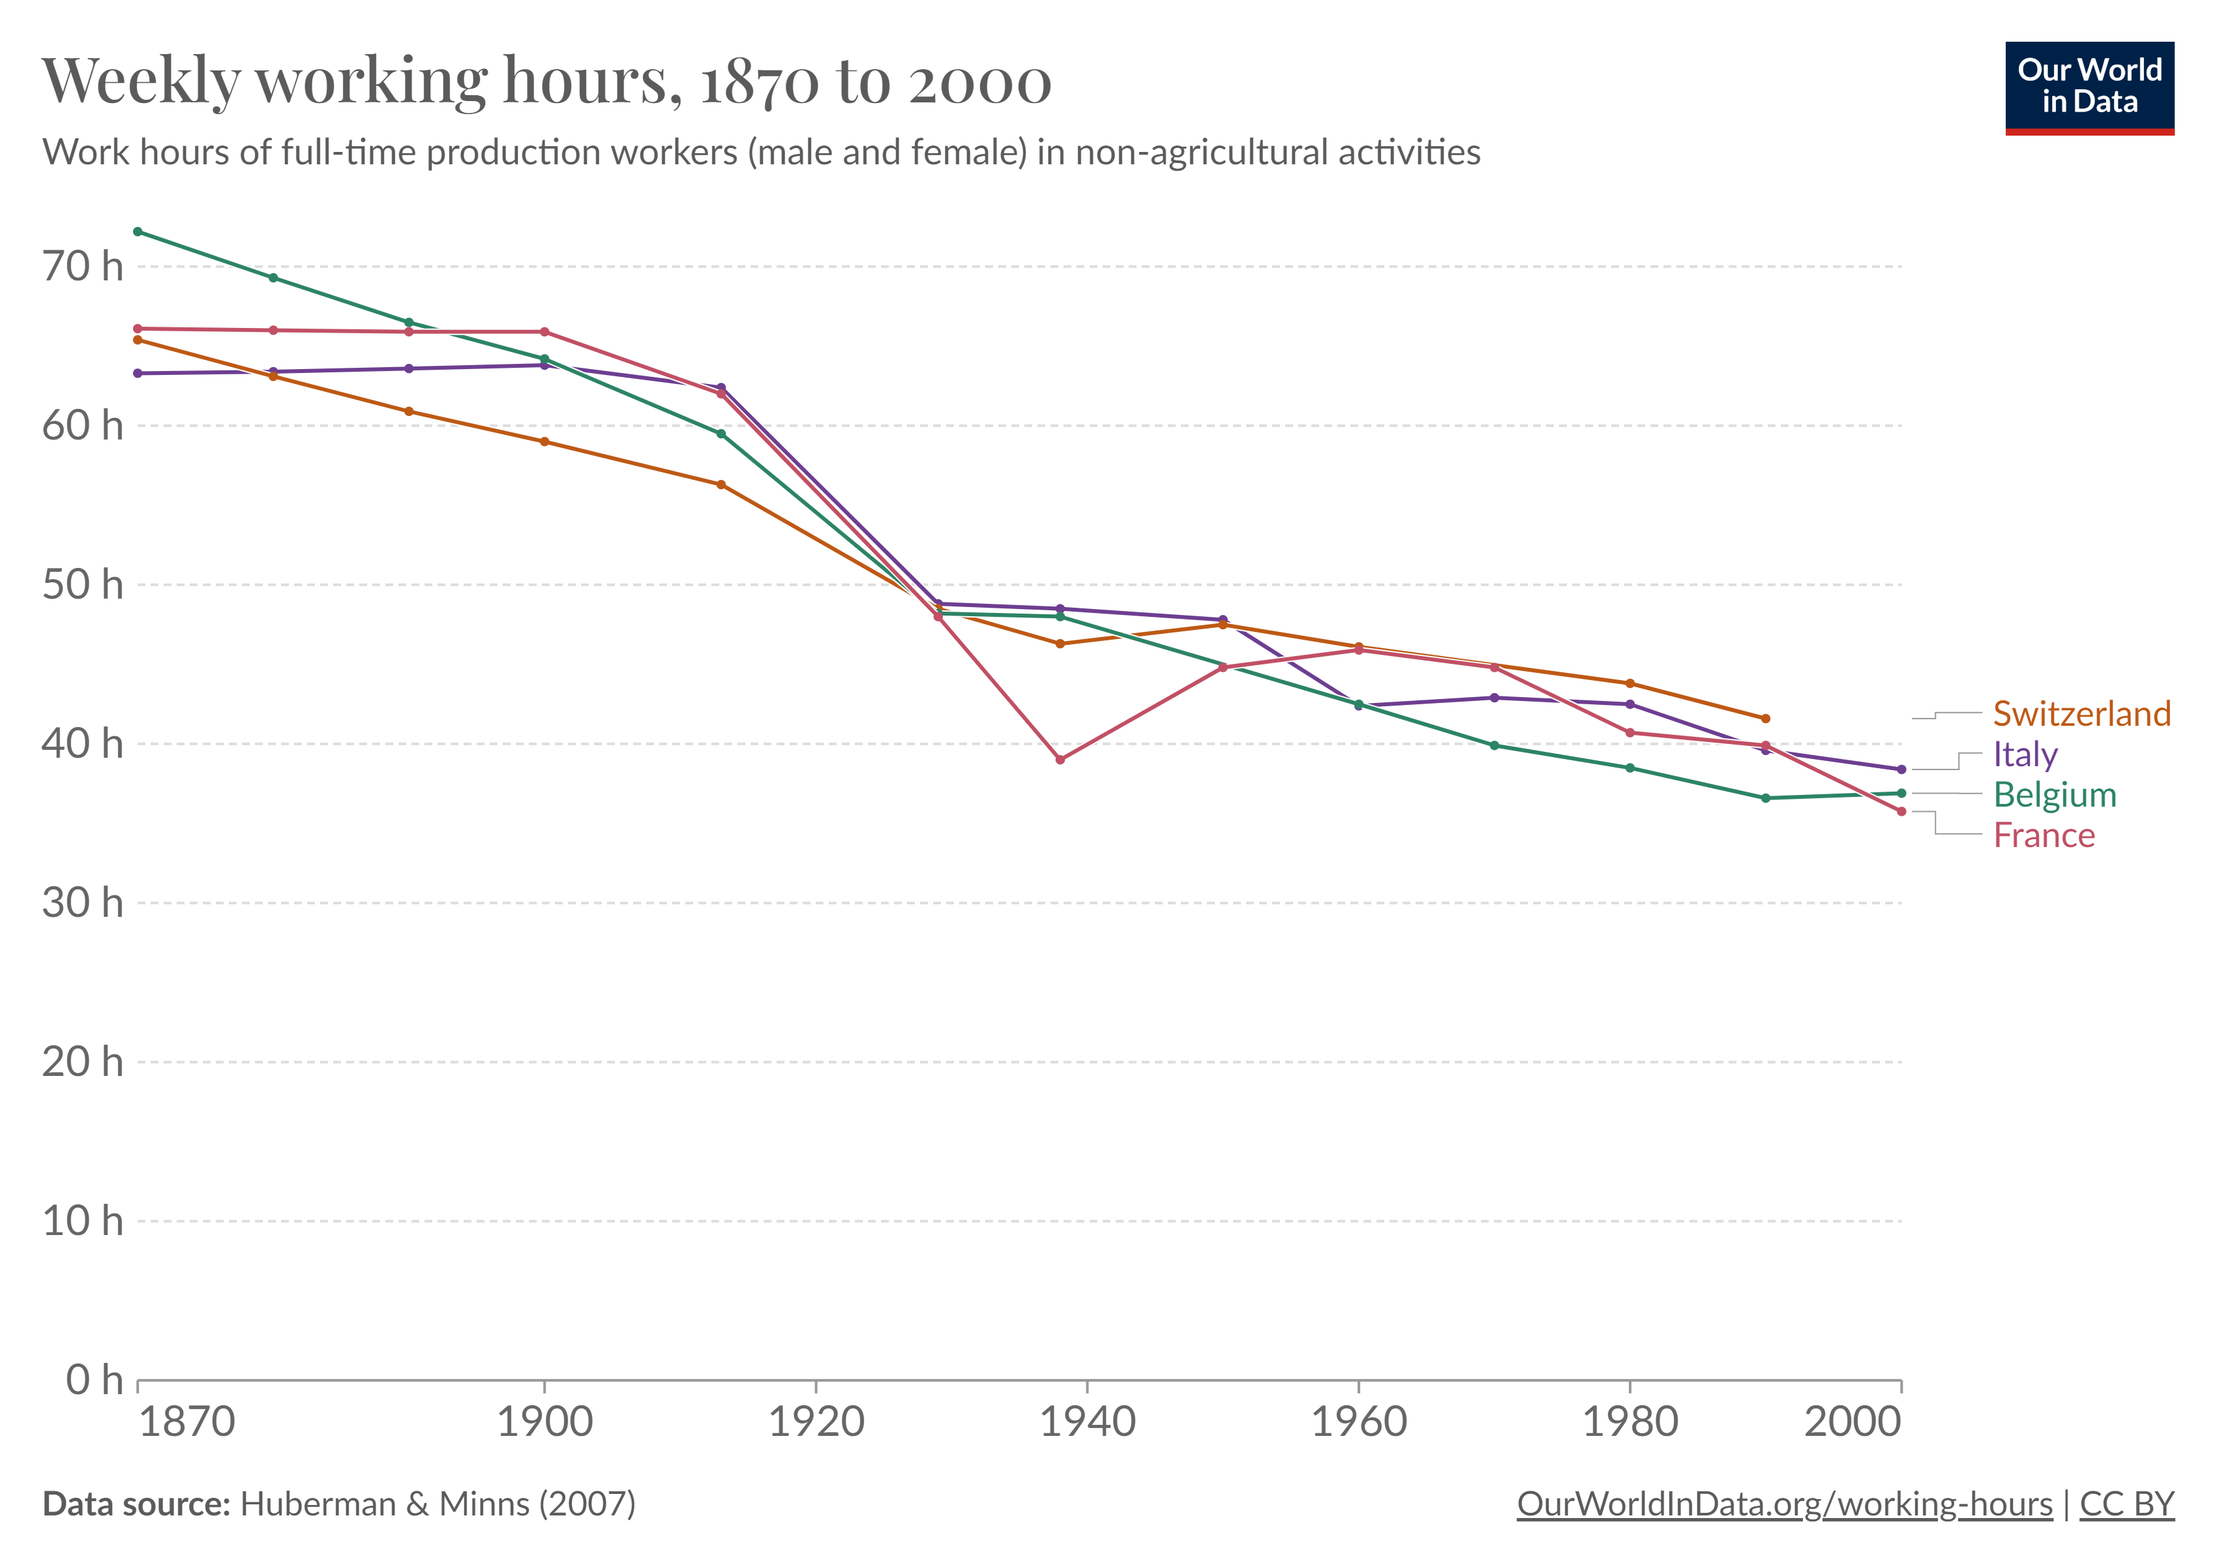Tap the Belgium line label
coord(2055,795)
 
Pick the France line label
coord(2044,835)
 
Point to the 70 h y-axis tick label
coord(83,267)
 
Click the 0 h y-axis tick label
coord(95,1380)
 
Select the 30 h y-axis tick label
coord(83,904)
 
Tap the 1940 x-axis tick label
coord(1087,1422)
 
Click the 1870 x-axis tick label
coord(187,1422)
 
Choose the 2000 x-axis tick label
coord(1852,1422)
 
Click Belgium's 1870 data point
coord(138,231)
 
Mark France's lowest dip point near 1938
coord(1060,760)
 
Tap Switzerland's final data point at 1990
coord(1766,719)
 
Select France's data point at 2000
coord(1901,812)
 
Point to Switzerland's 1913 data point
coord(721,484)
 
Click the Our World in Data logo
coord(2090,87)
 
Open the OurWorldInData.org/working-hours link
coord(1785,1504)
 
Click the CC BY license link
coord(2126,1504)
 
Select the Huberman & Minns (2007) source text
coord(438,1504)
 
